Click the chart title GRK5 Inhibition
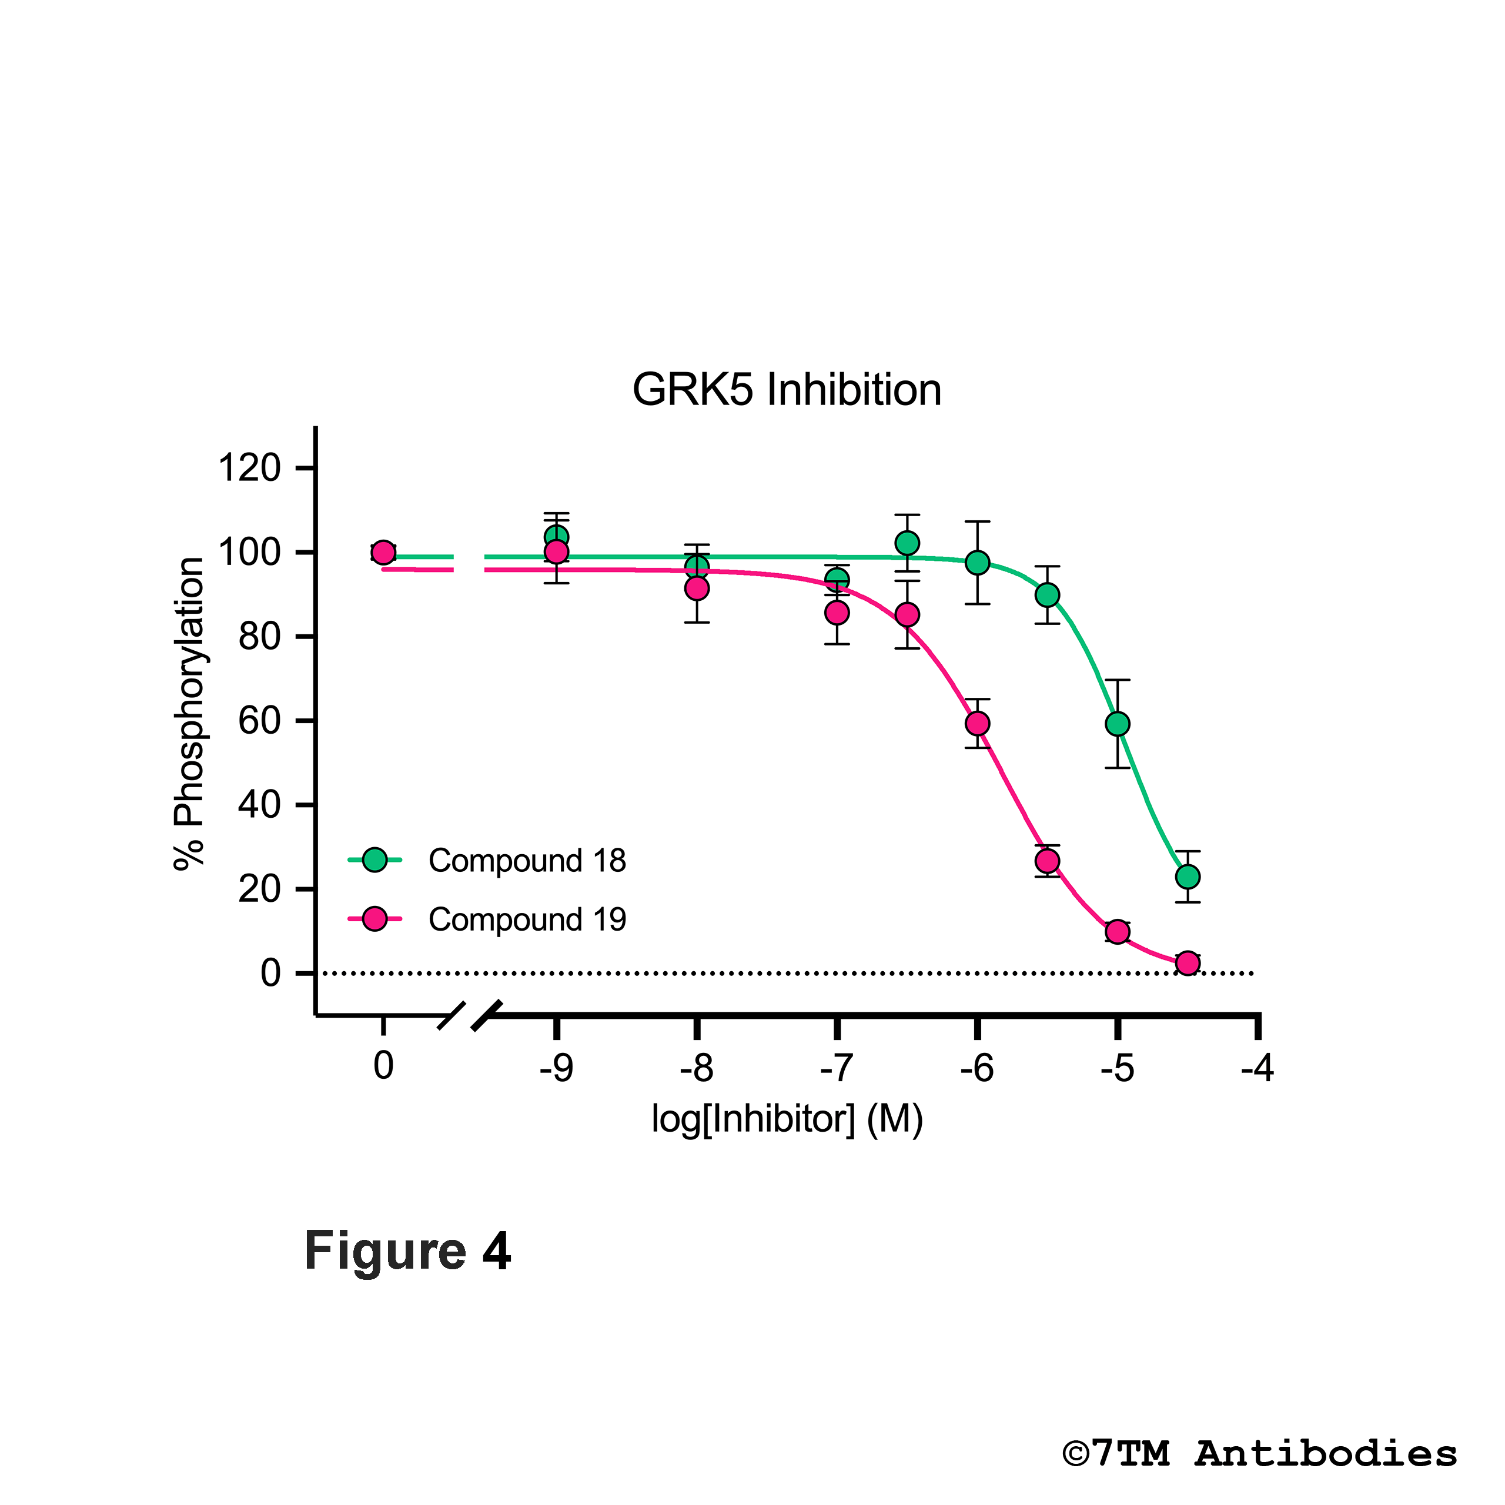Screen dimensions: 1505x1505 tap(786, 390)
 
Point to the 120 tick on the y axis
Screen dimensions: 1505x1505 tap(249, 468)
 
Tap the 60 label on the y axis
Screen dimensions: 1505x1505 tap(259, 721)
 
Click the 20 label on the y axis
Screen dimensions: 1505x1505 tap(259, 889)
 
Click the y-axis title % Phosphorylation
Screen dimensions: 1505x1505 tap(189, 713)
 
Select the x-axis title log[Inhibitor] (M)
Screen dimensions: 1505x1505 tap(787, 1119)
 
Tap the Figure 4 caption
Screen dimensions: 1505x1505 tap(407, 1251)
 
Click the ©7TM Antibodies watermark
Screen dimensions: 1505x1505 tap(1260, 1454)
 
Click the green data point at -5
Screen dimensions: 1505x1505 tap(1117, 724)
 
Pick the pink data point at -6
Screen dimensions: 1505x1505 tap(977, 724)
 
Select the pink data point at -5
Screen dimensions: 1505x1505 tap(1117, 932)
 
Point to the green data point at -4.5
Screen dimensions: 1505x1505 tap(1187, 877)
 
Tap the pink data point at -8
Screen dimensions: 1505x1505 tap(697, 588)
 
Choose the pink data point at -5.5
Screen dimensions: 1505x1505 tap(1047, 861)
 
